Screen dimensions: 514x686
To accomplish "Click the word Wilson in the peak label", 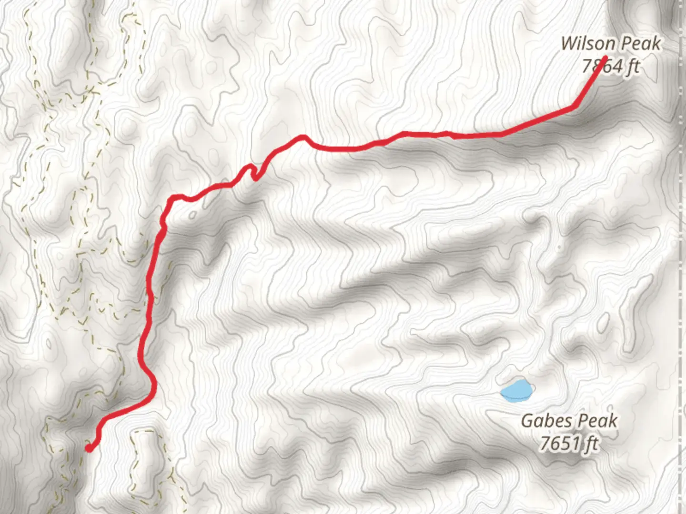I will [x=588, y=44].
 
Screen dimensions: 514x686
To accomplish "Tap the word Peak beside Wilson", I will [x=640, y=44].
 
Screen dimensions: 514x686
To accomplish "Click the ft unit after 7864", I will [x=633, y=66].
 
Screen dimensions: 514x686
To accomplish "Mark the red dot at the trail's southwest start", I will [x=89, y=448].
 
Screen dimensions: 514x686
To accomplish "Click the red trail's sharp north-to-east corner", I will [x=171, y=198].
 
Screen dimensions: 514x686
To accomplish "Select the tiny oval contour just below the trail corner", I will [x=192, y=215].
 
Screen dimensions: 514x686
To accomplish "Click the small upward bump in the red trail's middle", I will [x=302, y=138].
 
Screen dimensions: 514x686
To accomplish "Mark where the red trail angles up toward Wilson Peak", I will [x=575, y=107].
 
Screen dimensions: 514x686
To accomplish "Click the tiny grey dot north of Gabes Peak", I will [x=559, y=247].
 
